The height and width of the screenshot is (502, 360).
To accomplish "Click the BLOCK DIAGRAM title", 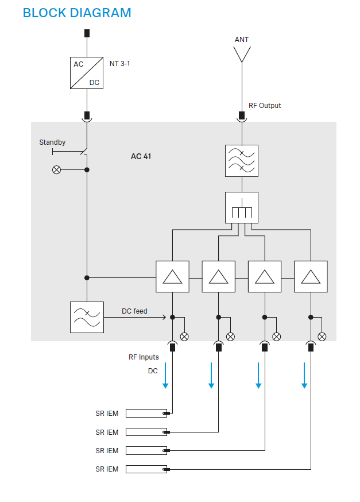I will tap(77, 13).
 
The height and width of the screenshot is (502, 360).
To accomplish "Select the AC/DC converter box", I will tap(87, 73).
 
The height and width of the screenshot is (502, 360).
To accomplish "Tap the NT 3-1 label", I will tap(119, 64).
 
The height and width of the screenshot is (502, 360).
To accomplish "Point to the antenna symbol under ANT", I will tap(242, 54).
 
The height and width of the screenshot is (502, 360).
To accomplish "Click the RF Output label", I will tap(265, 106).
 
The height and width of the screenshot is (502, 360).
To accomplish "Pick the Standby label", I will tap(52, 142).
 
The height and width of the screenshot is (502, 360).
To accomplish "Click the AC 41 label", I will tap(141, 156).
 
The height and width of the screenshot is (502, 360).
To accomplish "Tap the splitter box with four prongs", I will tap(242, 208).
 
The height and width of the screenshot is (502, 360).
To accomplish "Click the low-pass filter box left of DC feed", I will tap(87, 317).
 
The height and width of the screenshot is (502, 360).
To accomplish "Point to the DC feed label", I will tap(134, 311).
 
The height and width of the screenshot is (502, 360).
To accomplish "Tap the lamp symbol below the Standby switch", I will tap(56, 170).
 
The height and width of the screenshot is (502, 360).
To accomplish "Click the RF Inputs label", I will tap(144, 357).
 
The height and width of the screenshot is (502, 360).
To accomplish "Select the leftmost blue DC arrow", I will tap(165, 376).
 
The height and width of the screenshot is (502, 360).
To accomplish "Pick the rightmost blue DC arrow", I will tap(304, 376).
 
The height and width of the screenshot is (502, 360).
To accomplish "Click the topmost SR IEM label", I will tap(107, 414).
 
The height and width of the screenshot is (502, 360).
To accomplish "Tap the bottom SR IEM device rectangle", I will tap(146, 469).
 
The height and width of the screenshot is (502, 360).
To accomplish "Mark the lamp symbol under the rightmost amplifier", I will tap(322, 337).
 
